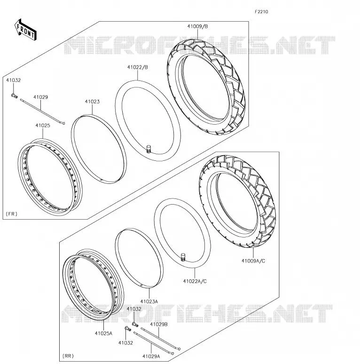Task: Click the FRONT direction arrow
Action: coord(25,30)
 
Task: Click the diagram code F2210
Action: coord(261,12)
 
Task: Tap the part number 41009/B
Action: coord(198,26)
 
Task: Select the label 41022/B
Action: coord(138,67)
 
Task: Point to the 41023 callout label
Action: coord(92,102)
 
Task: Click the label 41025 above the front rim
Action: coord(43,126)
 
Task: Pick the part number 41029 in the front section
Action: coord(40,97)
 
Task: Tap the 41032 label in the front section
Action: coord(14,80)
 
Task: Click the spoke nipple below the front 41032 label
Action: coord(14,95)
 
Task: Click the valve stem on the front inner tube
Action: coord(149,149)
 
